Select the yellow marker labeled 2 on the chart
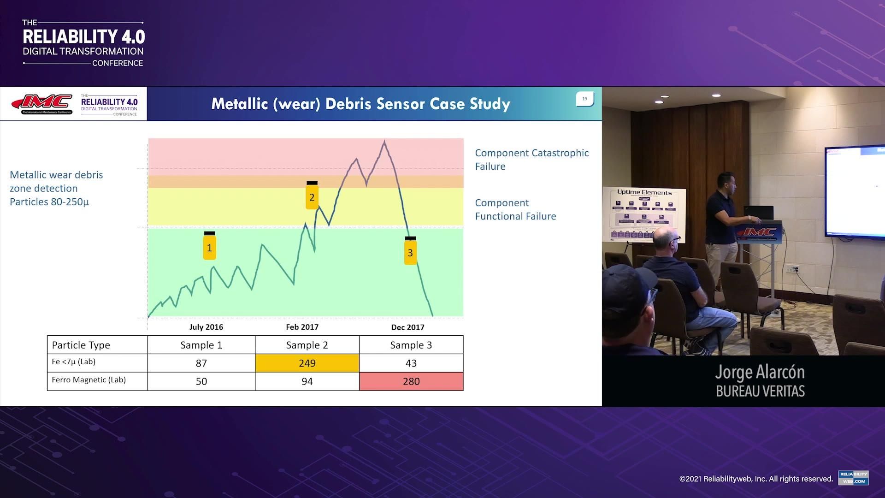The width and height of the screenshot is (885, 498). tap(312, 196)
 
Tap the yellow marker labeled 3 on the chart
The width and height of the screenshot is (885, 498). tap(410, 252)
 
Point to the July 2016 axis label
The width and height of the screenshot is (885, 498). tap(206, 327)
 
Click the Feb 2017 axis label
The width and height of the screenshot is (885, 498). tap(302, 327)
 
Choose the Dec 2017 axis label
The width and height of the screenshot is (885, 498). tap(407, 327)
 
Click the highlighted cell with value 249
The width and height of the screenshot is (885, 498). tap(307, 363)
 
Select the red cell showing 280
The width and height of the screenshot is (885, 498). tap(411, 381)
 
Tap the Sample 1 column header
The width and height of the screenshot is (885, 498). tap(201, 345)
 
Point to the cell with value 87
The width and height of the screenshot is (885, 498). tap(201, 363)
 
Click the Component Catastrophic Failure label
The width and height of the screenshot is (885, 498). tap(531, 160)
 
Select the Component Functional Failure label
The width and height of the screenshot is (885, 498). tap(515, 209)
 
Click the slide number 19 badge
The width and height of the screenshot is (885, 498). tap(584, 99)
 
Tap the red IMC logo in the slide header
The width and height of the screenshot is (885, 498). tap(42, 104)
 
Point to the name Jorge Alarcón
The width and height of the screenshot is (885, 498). tap(760, 372)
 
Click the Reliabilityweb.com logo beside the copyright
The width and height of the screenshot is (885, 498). tap(853, 478)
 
